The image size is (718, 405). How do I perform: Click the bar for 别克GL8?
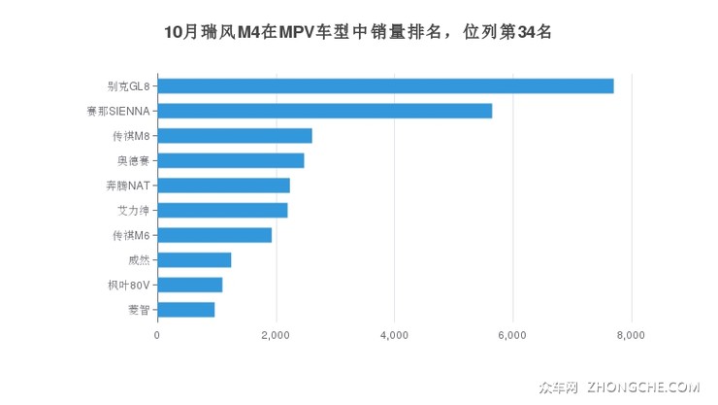(385, 85)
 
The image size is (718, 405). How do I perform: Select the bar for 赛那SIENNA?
(324, 111)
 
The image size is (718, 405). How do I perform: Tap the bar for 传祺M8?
(234, 135)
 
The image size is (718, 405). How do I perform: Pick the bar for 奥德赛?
(230, 160)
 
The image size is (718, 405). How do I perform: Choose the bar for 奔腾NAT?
(223, 186)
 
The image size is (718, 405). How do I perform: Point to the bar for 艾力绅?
(222, 210)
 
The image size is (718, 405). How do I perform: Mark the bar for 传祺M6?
(214, 235)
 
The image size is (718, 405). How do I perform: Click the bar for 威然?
(194, 259)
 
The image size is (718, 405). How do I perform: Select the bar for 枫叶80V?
(189, 285)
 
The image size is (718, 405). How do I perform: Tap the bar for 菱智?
(185, 310)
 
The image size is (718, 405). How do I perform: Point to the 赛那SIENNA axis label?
(117, 111)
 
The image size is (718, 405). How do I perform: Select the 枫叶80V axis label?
(127, 285)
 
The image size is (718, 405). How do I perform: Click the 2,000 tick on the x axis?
(276, 335)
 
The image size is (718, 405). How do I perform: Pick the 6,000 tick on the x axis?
(512, 335)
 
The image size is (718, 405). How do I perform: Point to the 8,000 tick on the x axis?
(631, 335)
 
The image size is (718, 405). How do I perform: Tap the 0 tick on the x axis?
(157, 335)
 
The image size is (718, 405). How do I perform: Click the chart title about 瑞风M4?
(358, 32)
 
